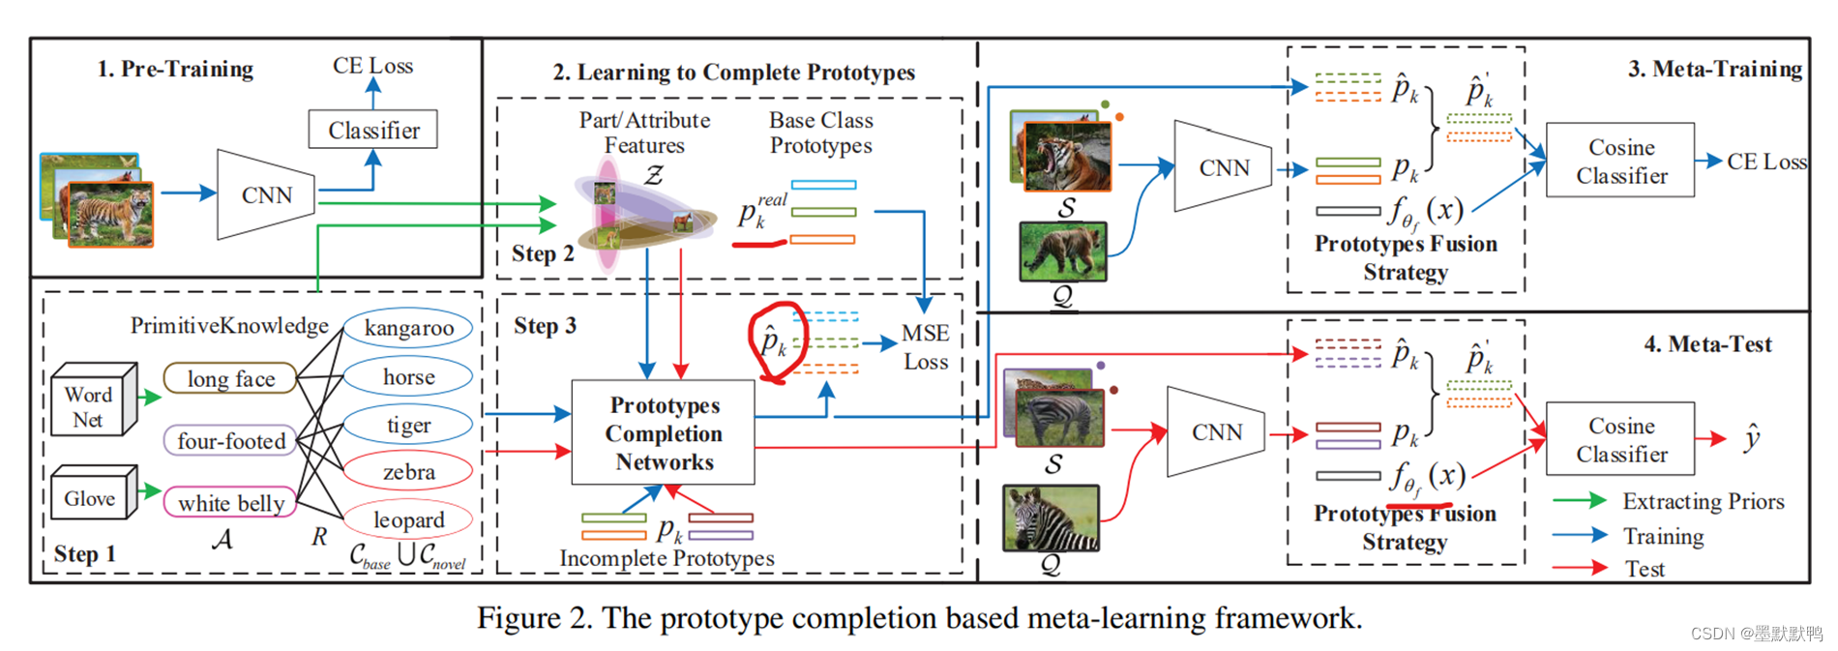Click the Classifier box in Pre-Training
(372, 130)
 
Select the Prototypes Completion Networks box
(664, 432)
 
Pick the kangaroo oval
(408, 328)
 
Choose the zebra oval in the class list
(408, 472)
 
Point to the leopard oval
(408, 519)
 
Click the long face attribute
(230, 378)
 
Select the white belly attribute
(230, 502)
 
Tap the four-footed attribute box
(231, 441)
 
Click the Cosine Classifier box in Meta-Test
(1620, 439)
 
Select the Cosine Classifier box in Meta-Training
(1620, 161)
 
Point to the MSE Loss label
(925, 347)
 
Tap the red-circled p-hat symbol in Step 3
(773, 341)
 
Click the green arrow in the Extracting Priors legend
(1579, 501)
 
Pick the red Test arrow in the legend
(1579, 568)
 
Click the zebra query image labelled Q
(1052, 518)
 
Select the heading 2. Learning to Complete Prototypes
(733, 73)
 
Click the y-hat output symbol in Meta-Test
(1752, 438)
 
